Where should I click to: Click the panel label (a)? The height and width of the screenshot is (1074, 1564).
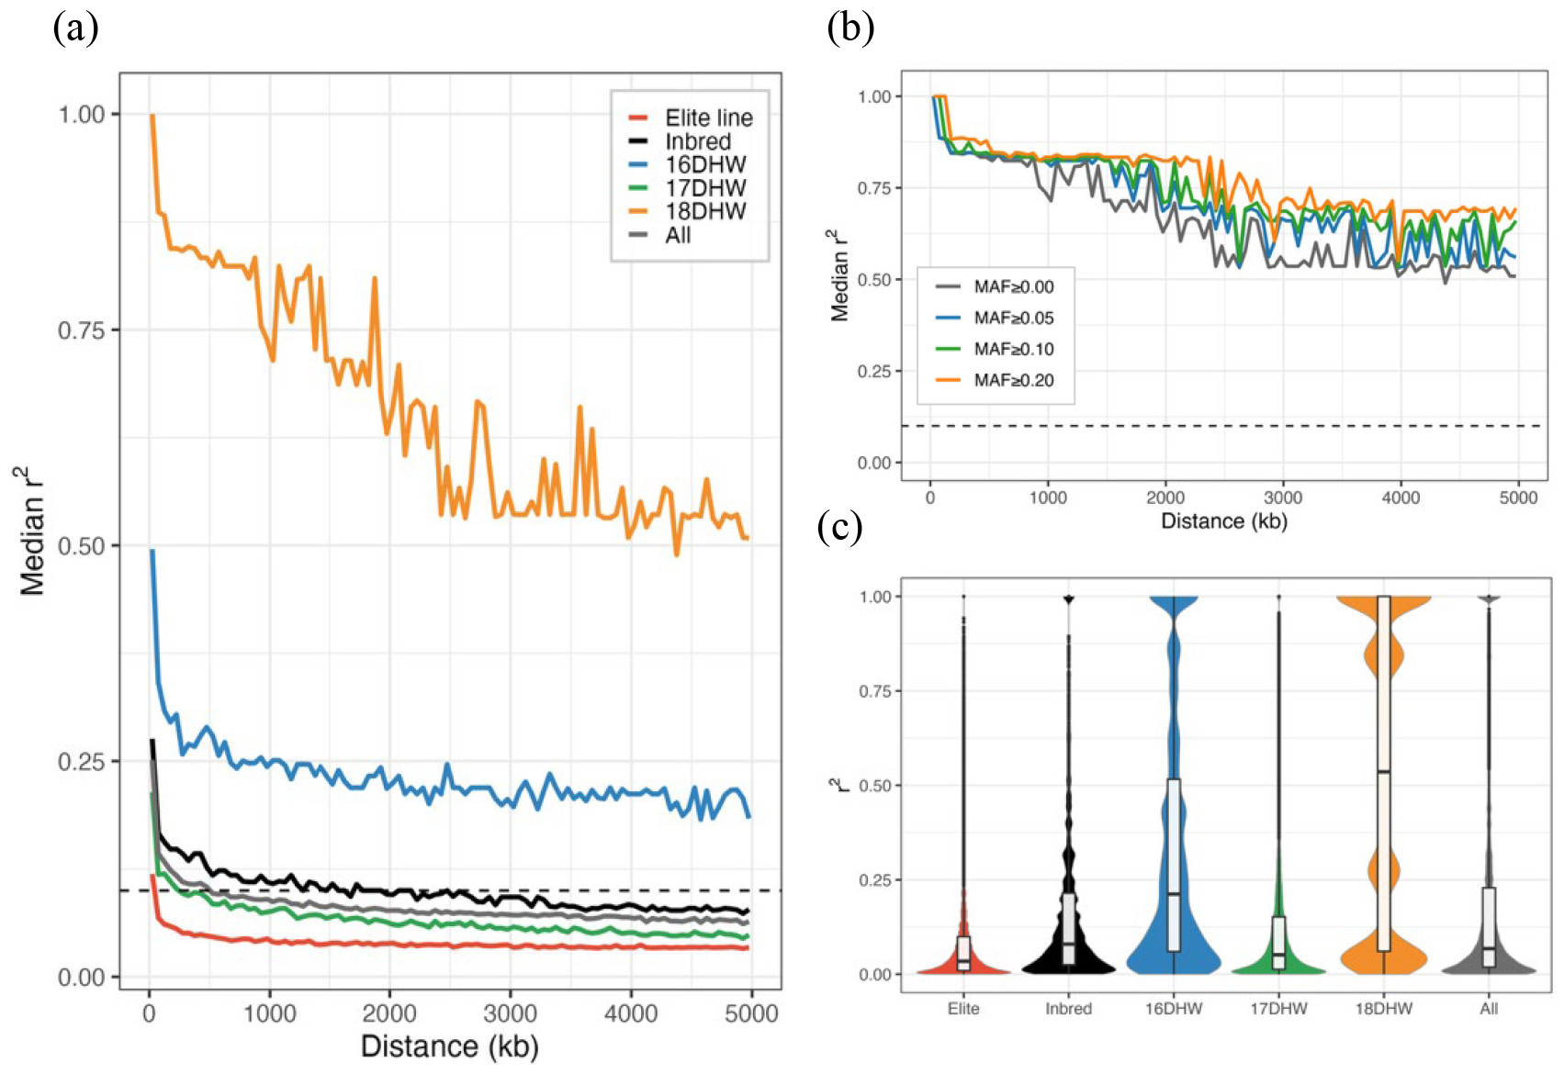click(75, 29)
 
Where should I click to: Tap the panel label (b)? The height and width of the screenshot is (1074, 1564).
click(850, 29)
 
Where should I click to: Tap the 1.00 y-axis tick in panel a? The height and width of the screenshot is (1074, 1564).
click(82, 115)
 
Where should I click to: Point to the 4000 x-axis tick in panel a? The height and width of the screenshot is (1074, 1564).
click(631, 1013)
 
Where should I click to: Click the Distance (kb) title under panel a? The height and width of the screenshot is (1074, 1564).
click(449, 1046)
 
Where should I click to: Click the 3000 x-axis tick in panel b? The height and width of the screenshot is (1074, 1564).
click(1282, 498)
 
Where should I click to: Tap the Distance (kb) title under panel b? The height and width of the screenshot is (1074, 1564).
click(1223, 521)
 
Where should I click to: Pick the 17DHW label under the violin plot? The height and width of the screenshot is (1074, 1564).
click(1278, 1009)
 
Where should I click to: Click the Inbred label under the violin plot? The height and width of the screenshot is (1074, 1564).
click(1068, 1009)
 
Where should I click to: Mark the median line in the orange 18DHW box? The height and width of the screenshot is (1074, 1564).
click(1383, 771)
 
